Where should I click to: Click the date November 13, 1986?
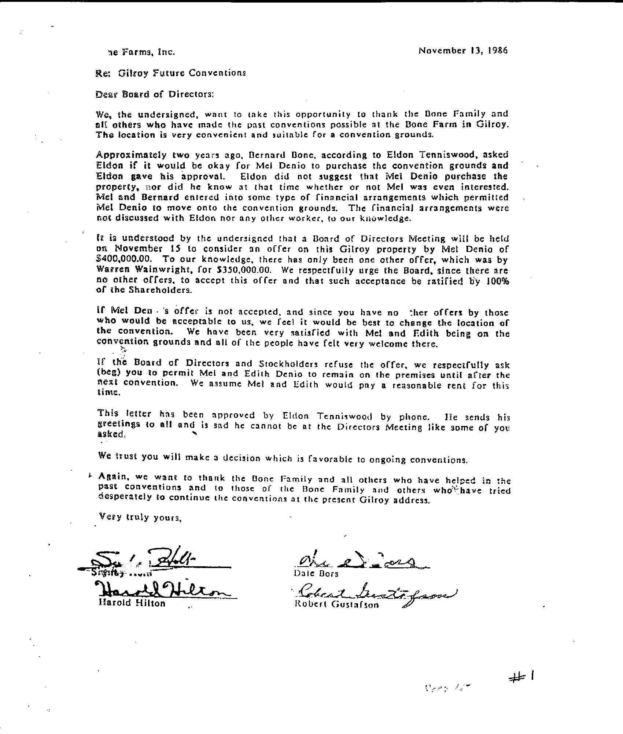tap(463, 51)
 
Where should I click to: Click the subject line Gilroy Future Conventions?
tap(182, 73)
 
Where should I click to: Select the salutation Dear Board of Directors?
tap(154, 94)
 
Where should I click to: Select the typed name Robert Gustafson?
tap(336, 604)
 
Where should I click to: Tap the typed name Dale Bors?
tap(317, 573)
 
